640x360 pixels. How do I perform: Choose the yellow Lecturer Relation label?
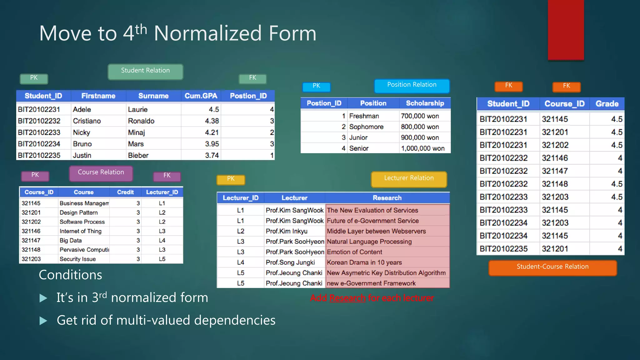tap(409, 179)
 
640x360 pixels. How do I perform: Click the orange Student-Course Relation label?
tap(552, 267)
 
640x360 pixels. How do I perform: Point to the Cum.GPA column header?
tap(201, 96)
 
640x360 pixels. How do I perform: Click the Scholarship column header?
tap(425, 103)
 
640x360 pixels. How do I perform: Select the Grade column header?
tap(607, 104)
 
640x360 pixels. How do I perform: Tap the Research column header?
tap(387, 198)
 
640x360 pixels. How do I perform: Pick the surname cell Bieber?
tap(138, 155)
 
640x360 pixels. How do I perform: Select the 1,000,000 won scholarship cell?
tap(422, 148)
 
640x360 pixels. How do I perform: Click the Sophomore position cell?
tap(366, 127)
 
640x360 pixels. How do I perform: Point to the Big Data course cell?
tap(71, 241)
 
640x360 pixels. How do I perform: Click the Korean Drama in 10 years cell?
tap(364, 262)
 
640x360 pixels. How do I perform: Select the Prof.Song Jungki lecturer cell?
tap(290, 262)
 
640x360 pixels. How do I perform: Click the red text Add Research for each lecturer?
tap(372, 298)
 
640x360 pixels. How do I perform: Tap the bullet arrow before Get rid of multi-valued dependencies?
tap(43, 321)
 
